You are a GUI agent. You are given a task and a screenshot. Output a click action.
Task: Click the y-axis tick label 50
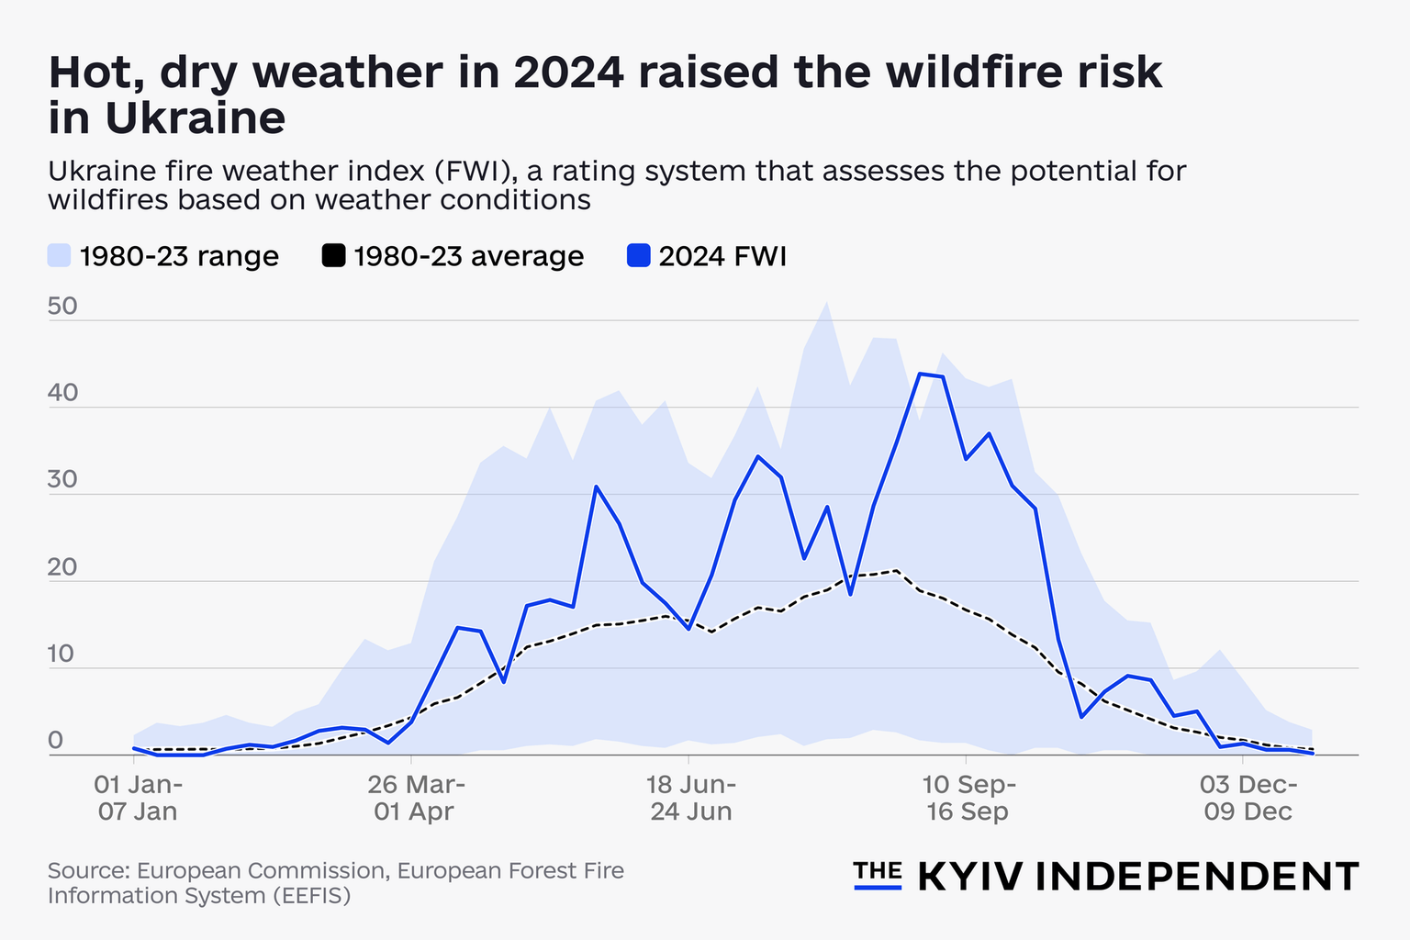pos(62,307)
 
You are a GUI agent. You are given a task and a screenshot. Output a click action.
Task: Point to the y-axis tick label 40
pos(62,394)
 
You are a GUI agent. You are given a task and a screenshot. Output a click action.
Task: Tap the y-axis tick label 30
pos(62,481)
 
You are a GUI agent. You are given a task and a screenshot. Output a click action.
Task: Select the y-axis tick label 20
pos(62,568)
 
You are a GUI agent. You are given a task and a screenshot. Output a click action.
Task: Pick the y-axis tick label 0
pos(55,741)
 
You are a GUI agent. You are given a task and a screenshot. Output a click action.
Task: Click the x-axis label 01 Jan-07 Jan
pos(138,798)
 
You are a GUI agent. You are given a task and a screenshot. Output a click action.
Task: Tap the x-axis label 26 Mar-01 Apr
pos(415,798)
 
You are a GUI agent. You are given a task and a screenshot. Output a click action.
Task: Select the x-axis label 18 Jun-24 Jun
pos(691,798)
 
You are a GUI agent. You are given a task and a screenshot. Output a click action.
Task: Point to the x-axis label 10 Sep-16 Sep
pos(968,798)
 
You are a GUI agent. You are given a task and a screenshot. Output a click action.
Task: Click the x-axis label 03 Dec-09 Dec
pos(1247,798)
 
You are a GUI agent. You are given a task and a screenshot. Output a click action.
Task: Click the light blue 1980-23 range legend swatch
pos(60,255)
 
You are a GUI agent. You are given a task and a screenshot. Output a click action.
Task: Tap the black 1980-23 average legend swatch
pos(334,255)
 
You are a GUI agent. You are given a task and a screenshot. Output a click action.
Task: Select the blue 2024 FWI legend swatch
pos(638,255)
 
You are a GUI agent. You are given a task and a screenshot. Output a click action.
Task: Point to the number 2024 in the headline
pos(569,73)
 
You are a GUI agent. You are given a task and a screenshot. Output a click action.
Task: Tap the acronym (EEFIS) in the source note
pos(312,895)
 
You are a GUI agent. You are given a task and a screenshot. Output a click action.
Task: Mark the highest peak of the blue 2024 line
pos(920,374)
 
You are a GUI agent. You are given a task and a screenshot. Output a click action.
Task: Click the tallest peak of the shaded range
pos(827,302)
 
